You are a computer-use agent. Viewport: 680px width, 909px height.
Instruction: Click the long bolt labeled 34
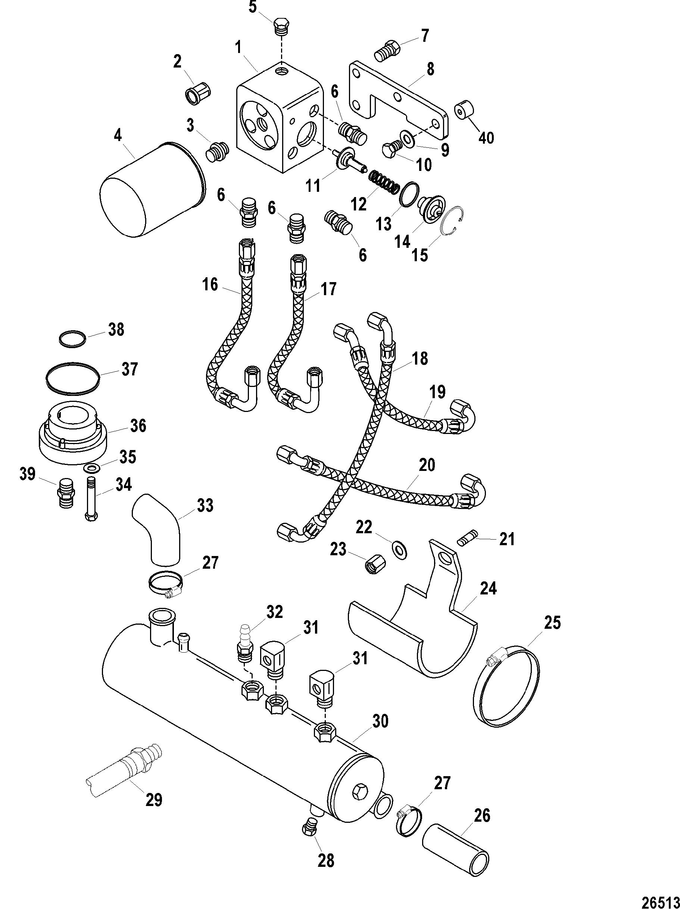(x=91, y=498)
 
